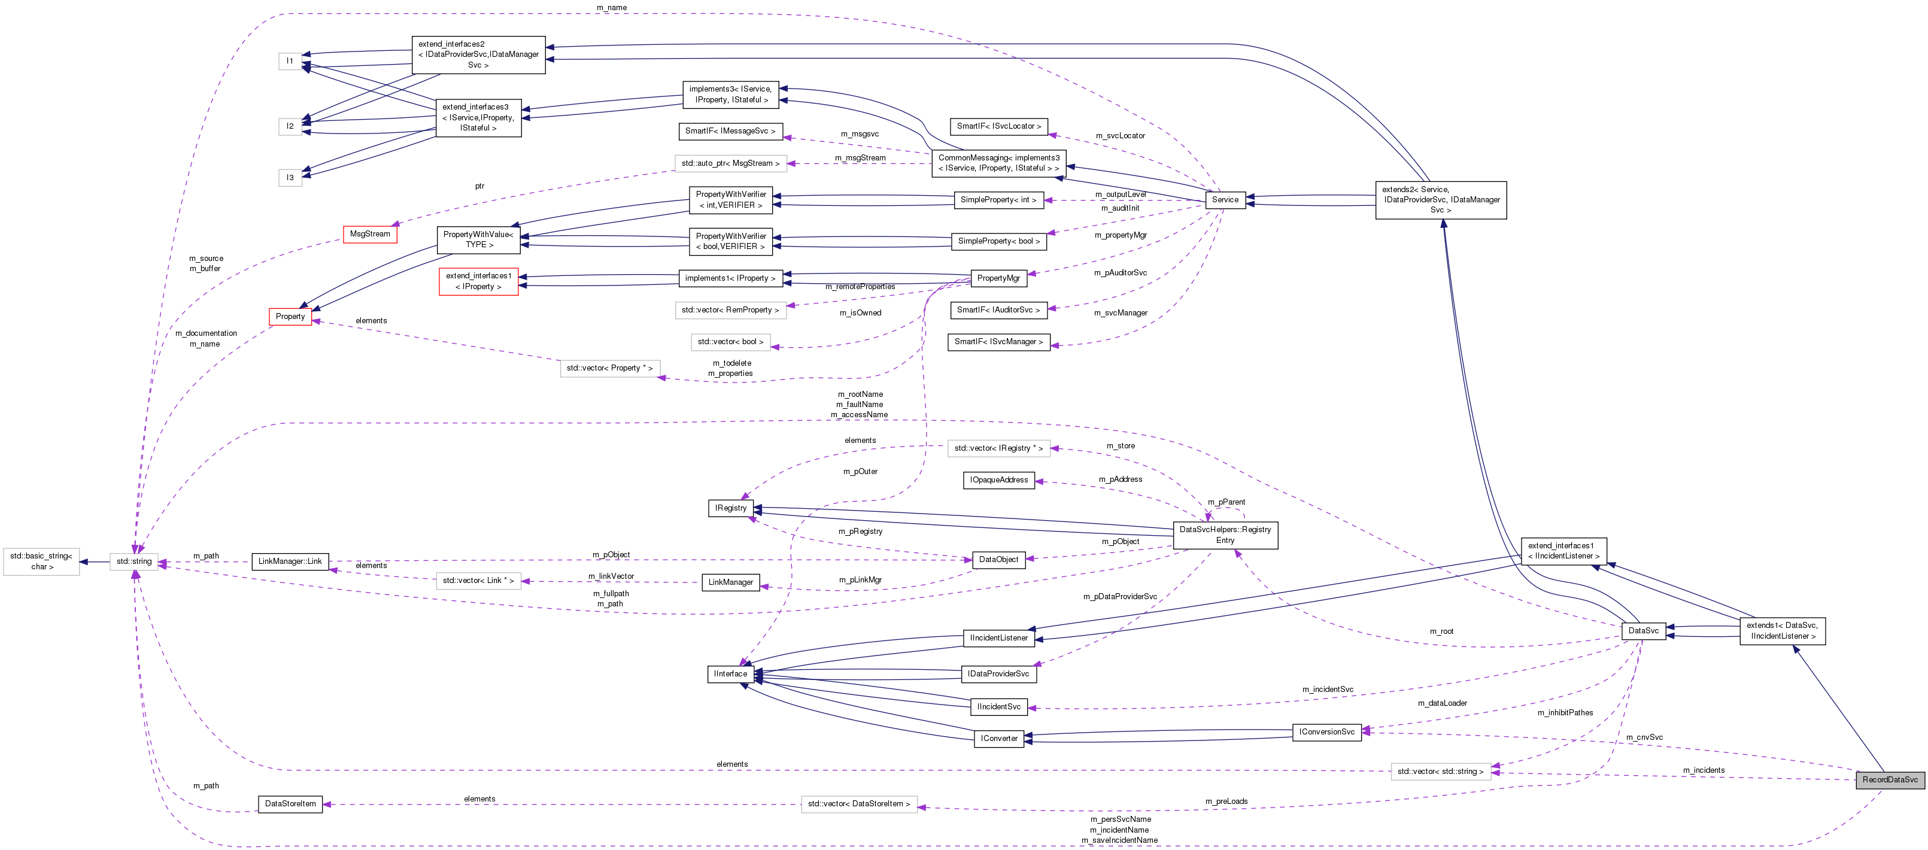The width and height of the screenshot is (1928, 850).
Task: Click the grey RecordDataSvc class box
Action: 1889,779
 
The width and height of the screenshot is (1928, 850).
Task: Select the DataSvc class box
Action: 1643,631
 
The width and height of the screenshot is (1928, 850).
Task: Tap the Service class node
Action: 1225,200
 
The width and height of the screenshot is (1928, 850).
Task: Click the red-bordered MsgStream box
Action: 370,234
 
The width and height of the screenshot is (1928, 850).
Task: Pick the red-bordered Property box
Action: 290,317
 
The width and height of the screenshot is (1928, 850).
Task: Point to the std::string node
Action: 134,561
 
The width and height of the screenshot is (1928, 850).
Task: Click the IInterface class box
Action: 730,674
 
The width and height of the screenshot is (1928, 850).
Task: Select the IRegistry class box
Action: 730,508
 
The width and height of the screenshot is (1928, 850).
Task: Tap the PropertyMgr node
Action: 998,278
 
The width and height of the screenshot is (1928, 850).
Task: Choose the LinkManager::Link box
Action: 290,561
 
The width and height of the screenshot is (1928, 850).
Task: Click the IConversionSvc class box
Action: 1326,731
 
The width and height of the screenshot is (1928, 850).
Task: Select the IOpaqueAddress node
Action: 998,479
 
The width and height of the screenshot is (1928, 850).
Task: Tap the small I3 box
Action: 290,177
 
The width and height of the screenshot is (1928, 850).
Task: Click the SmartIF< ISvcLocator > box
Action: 998,126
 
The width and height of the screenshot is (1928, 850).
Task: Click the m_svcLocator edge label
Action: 1120,135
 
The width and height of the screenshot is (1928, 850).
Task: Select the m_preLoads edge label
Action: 1226,802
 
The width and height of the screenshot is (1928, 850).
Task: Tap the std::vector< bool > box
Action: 730,342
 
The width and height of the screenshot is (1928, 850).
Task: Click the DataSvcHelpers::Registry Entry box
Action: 1225,535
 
